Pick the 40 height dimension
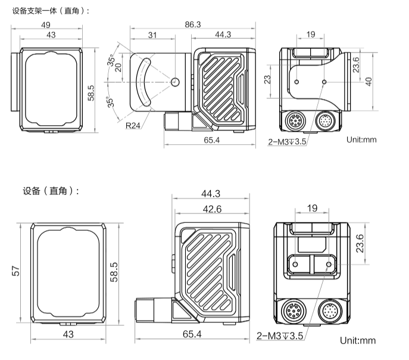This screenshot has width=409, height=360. [x=369, y=81]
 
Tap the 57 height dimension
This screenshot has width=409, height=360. [x=15, y=271]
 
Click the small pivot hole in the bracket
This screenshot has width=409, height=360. [x=174, y=81]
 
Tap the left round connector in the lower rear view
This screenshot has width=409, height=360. [x=293, y=311]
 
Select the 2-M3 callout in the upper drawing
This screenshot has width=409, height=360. [x=288, y=141]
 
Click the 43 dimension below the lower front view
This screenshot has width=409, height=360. [x=68, y=335]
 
